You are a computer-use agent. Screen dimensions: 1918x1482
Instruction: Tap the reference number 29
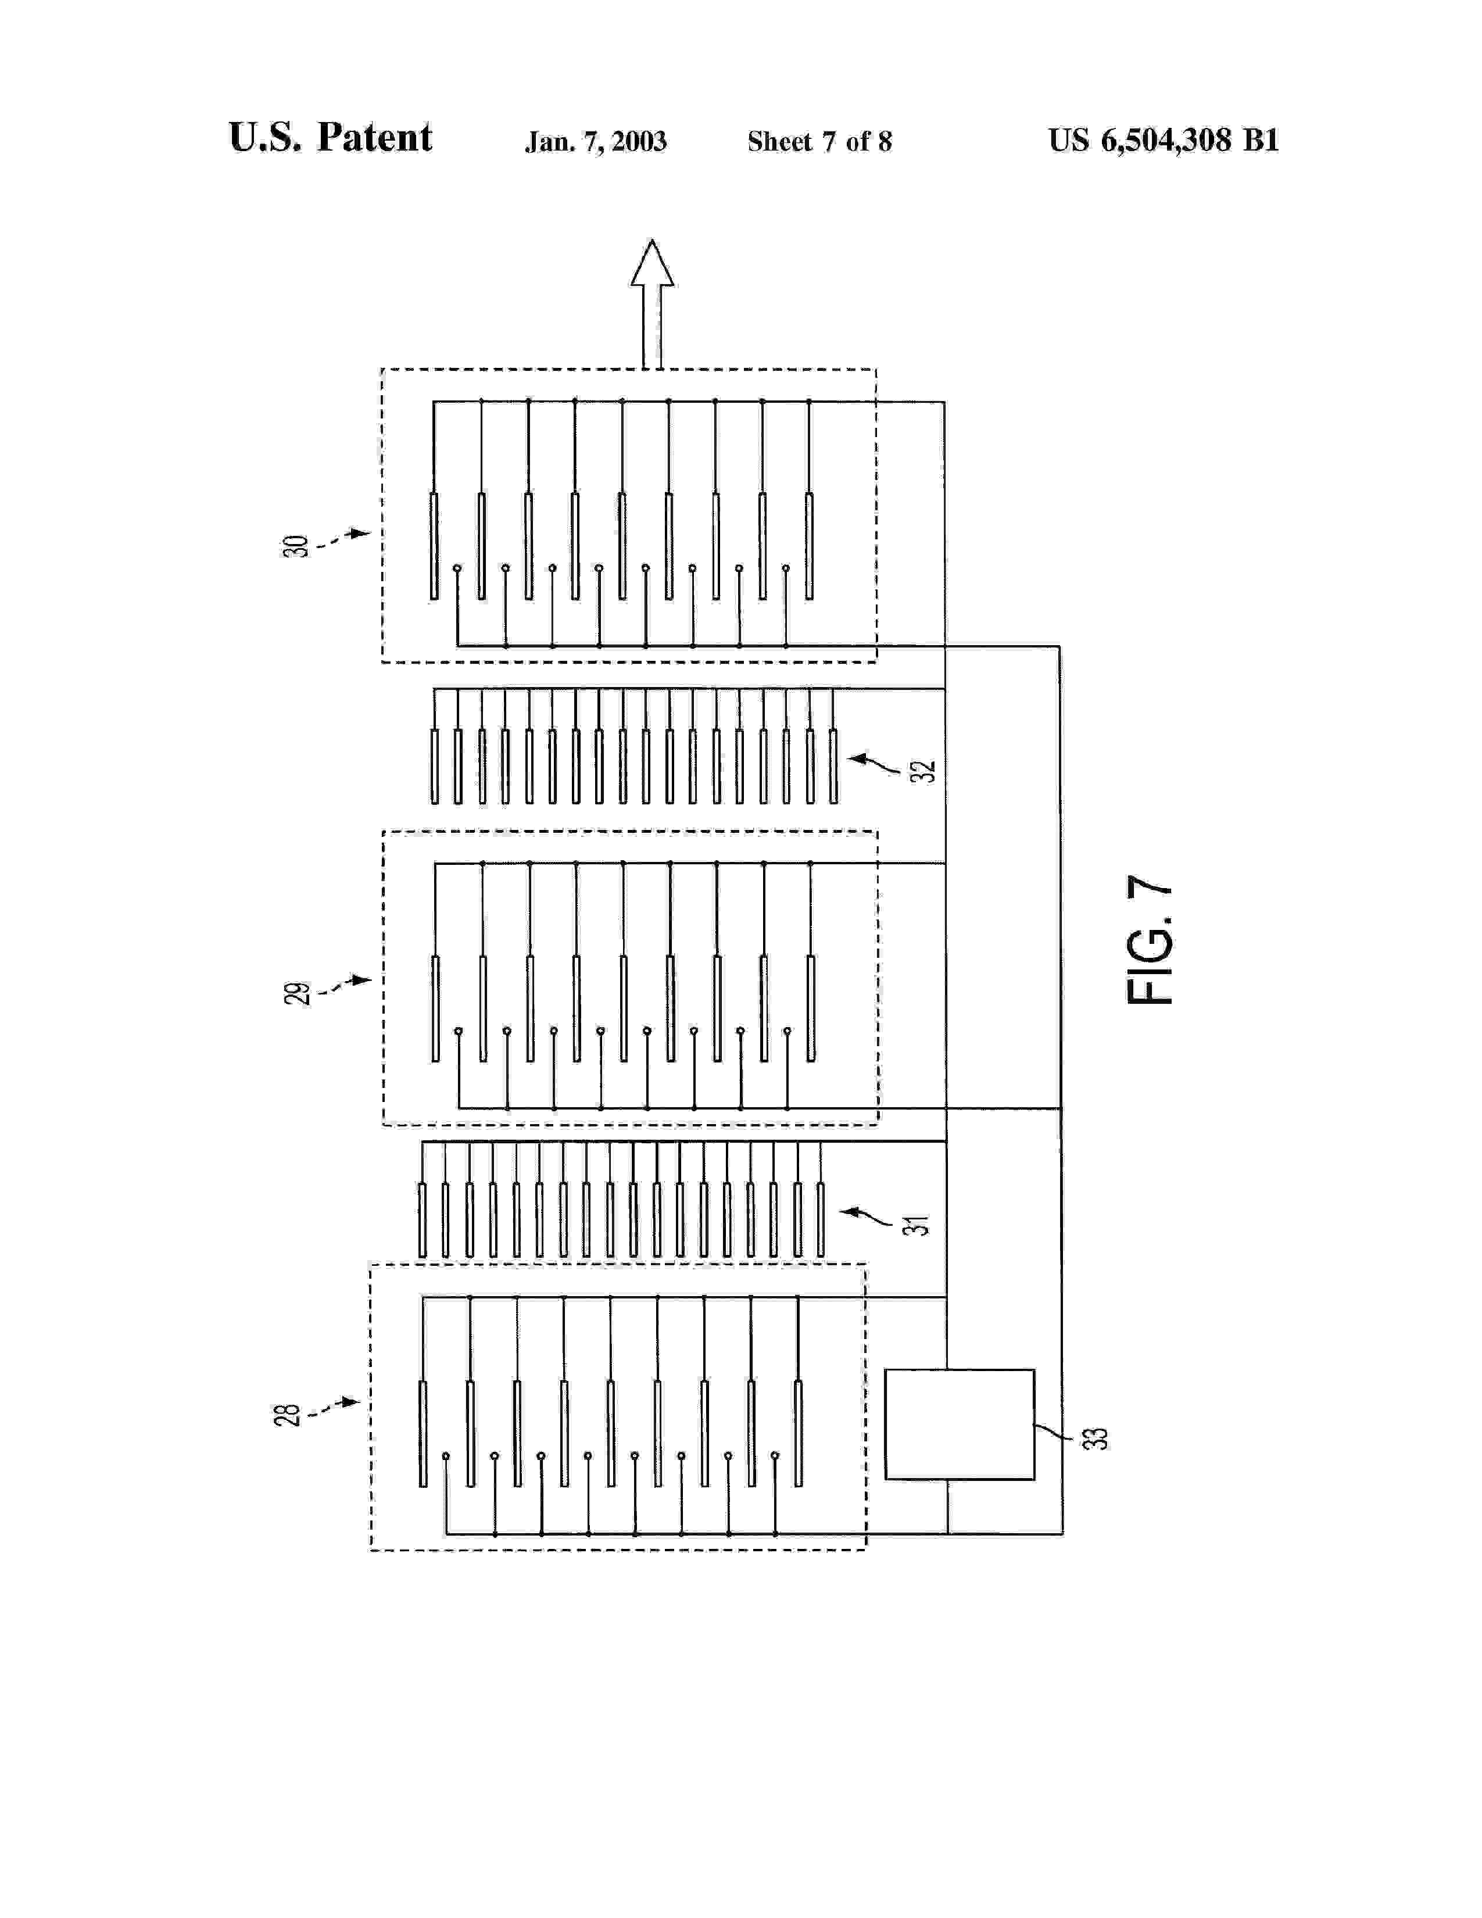[297, 993]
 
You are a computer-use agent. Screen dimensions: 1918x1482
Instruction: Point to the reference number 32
[923, 771]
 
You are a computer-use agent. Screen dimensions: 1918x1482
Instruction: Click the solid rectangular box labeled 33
[959, 1423]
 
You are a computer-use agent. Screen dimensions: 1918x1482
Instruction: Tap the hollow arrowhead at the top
[651, 263]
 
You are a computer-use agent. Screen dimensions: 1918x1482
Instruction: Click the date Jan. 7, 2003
[595, 141]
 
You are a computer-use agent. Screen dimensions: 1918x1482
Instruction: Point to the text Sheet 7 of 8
[819, 141]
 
